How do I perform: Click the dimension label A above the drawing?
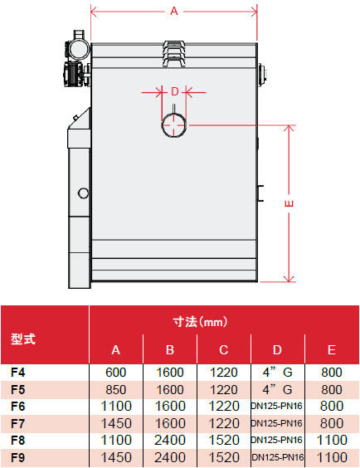pos(174,12)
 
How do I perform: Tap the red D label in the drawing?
pos(174,91)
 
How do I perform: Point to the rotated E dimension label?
pos(289,203)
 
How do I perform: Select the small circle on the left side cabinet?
pos(83,193)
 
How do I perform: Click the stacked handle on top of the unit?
pos(175,54)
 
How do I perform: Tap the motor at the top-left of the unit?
pos(76,58)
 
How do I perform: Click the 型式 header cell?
pos(23,339)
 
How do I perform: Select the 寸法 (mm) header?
pos(200,322)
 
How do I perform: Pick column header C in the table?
pos(223,350)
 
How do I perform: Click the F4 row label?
pos(18,373)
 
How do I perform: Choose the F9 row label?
pos(18,457)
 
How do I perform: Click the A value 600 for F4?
pos(116,373)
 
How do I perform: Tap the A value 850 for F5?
pos(116,389)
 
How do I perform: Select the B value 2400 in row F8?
pos(170,441)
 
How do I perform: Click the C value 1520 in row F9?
pos(224,457)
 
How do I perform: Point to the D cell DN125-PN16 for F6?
pos(277,407)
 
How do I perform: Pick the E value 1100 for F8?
pos(332,441)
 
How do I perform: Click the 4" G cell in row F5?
pos(277,389)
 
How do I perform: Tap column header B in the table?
pos(170,350)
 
